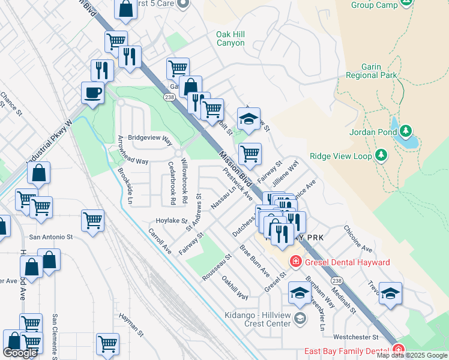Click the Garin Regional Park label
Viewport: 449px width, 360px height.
(372, 71)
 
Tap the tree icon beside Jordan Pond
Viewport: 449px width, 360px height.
(406, 130)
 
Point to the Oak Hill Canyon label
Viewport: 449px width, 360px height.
(231, 39)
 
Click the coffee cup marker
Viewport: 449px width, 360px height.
(92, 93)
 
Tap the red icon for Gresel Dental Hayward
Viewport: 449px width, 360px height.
(295, 262)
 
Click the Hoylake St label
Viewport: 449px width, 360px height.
(172, 220)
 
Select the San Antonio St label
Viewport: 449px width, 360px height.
(51, 237)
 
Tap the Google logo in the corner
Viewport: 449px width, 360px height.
(20, 353)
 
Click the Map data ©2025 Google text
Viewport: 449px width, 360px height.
(412, 355)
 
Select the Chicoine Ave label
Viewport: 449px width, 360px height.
(358, 239)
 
